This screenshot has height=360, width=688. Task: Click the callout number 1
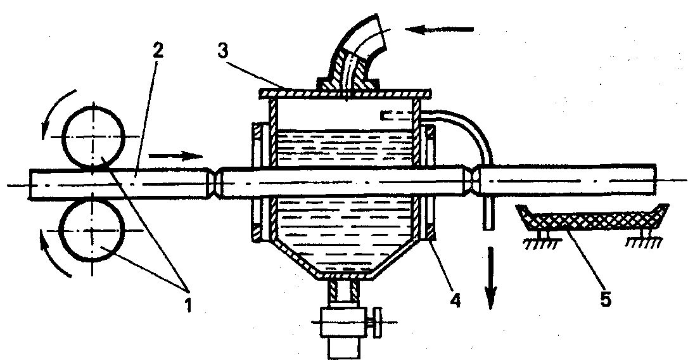point(188,304)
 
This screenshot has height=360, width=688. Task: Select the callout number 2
point(158,50)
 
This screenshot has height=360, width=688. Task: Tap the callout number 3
point(222,51)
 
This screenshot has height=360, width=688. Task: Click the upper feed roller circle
point(93,138)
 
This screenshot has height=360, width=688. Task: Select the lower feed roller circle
point(92,230)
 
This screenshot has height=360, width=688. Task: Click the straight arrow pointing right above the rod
point(175,156)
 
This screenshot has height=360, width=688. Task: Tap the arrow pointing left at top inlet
point(439,29)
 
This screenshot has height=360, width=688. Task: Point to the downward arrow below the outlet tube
point(490,278)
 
